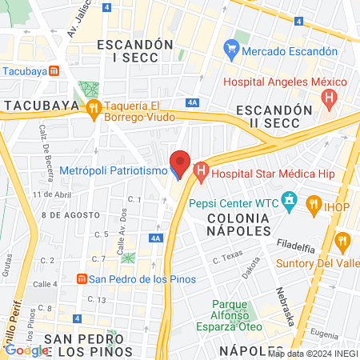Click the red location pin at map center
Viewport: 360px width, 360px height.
pyautogui.click(x=180, y=163)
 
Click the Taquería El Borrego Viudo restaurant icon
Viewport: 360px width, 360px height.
pyautogui.click(x=94, y=107)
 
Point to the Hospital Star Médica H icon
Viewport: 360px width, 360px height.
pyautogui.click(x=200, y=170)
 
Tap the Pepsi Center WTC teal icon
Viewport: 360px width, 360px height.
pyautogui.click(x=289, y=202)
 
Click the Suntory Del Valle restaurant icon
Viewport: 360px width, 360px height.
pyautogui.click(x=342, y=240)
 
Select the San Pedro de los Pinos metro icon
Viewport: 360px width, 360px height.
pyautogui.click(x=81, y=278)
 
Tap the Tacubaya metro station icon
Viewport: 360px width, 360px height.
pyautogui.click(x=53, y=70)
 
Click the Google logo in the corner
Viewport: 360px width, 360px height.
pyautogui.click(x=26, y=350)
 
